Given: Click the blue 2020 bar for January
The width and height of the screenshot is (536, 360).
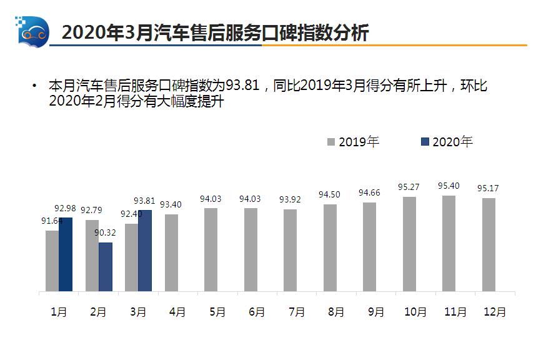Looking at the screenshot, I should tap(66, 254).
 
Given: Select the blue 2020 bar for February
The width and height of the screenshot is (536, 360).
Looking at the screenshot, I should tap(106, 267).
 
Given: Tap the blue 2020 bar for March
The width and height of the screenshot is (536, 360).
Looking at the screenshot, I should tap(145, 251).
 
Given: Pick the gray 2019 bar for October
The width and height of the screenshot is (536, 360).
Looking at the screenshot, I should tap(410, 244).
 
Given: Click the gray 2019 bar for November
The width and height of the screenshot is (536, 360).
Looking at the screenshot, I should tap(449, 243).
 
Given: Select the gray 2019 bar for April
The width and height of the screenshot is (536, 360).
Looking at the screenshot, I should tap(171, 252).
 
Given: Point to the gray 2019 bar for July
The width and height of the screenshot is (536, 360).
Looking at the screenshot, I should tap(290, 250).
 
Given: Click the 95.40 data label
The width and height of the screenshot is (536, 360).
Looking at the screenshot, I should tap(449, 186).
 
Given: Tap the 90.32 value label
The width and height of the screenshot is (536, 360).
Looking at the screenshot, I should tap(106, 233).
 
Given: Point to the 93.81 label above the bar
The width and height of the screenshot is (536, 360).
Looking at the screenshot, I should tap(145, 201).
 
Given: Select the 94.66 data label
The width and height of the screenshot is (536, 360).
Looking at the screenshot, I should tap(370, 192).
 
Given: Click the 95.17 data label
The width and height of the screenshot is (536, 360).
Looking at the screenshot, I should tap(489, 188).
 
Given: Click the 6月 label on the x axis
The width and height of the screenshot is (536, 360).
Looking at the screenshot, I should tap(256, 312).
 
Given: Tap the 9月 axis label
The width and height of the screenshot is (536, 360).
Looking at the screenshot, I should tap(375, 312).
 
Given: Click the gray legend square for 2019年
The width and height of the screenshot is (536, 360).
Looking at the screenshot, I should tap(331, 142).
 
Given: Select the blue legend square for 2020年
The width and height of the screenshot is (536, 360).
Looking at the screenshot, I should tap(425, 142).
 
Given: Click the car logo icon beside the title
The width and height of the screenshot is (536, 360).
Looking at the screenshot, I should tap(32, 31).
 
